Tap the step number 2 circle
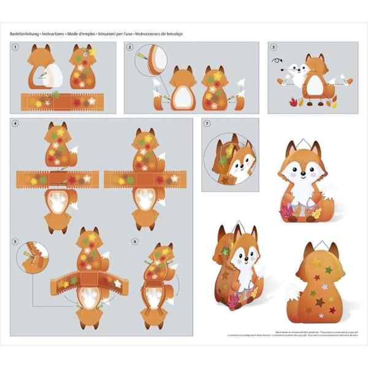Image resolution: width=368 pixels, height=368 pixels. point(129,47)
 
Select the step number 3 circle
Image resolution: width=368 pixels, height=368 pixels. point(274,47)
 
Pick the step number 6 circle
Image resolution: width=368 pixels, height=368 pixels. point(134,241)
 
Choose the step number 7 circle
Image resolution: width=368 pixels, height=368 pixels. point(207,123)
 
